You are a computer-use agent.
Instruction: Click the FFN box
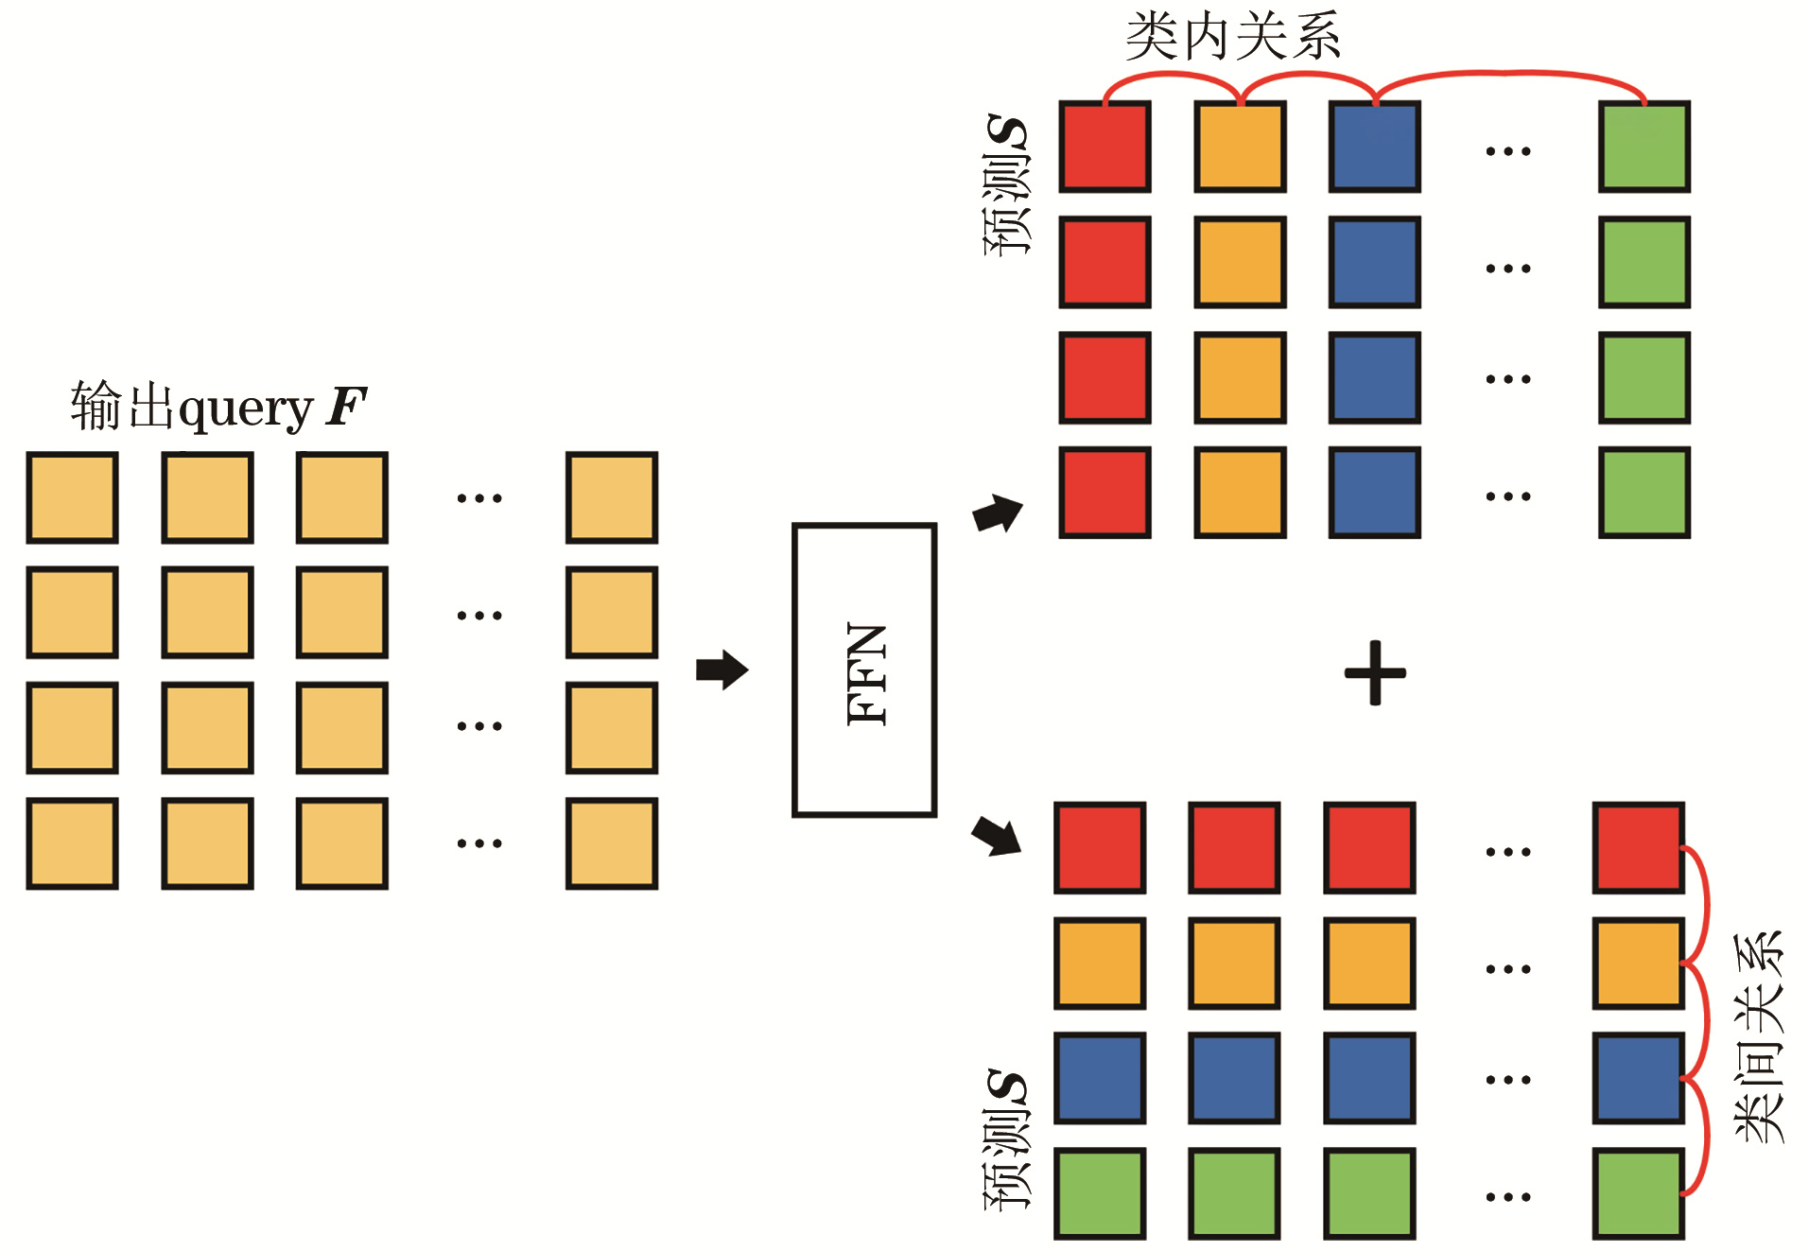(x=864, y=669)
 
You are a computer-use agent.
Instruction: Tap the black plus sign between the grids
(x=1375, y=672)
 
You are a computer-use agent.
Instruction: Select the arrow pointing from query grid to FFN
(x=722, y=669)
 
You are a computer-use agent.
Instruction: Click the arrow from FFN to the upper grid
(x=999, y=513)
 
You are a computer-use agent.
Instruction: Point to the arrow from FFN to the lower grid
(x=997, y=835)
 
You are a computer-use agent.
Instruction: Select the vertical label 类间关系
(x=1759, y=1036)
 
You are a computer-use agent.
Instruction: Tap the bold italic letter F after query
(x=346, y=407)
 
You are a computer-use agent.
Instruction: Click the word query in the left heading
(x=245, y=409)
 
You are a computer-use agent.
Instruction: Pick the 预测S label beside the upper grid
(x=1006, y=185)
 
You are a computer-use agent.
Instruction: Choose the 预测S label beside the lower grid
(x=1006, y=1140)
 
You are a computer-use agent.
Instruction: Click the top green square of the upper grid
(x=1644, y=148)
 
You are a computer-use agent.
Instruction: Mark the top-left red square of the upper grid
(x=1105, y=148)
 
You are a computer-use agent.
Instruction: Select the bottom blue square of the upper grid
(x=1374, y=493)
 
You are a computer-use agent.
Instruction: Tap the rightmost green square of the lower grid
(x=1639, y=1193)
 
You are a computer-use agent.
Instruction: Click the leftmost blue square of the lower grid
(x=1100, y=1078)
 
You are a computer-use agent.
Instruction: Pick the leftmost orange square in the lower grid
(x=1100, y=963)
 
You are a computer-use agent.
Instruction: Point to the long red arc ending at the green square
(x=1509, y=73)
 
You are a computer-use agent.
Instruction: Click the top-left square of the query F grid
(x=72, y=497)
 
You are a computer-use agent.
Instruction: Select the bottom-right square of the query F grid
(x=612, y=843)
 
